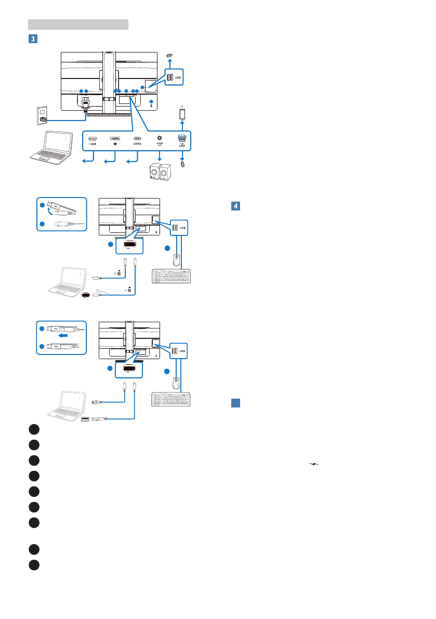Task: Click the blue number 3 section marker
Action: (33, 38)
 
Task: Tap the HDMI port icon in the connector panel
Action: (93, 139)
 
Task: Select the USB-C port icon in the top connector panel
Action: (138, 139)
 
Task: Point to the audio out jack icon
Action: (160, 139)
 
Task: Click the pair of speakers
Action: (160, 172)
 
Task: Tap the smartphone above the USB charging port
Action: (182, 113)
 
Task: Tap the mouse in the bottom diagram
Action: (176, 384)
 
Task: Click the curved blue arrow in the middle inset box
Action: (48, 212)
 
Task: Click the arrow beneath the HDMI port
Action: (88, 163)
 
